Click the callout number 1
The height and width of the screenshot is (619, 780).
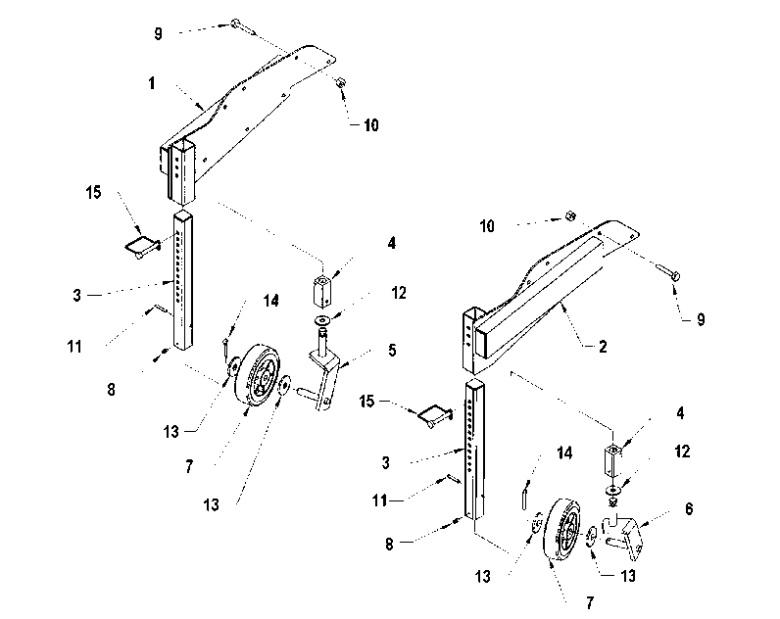[152, 83]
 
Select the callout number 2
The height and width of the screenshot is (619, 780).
[603, 347]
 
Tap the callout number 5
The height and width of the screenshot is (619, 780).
[392, 351]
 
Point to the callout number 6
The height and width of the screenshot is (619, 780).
[689, 508]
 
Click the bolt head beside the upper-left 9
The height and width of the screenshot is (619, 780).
[236, 24]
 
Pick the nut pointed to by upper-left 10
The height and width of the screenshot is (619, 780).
[341, 82]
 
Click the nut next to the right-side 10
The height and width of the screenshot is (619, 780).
[570, 215]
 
